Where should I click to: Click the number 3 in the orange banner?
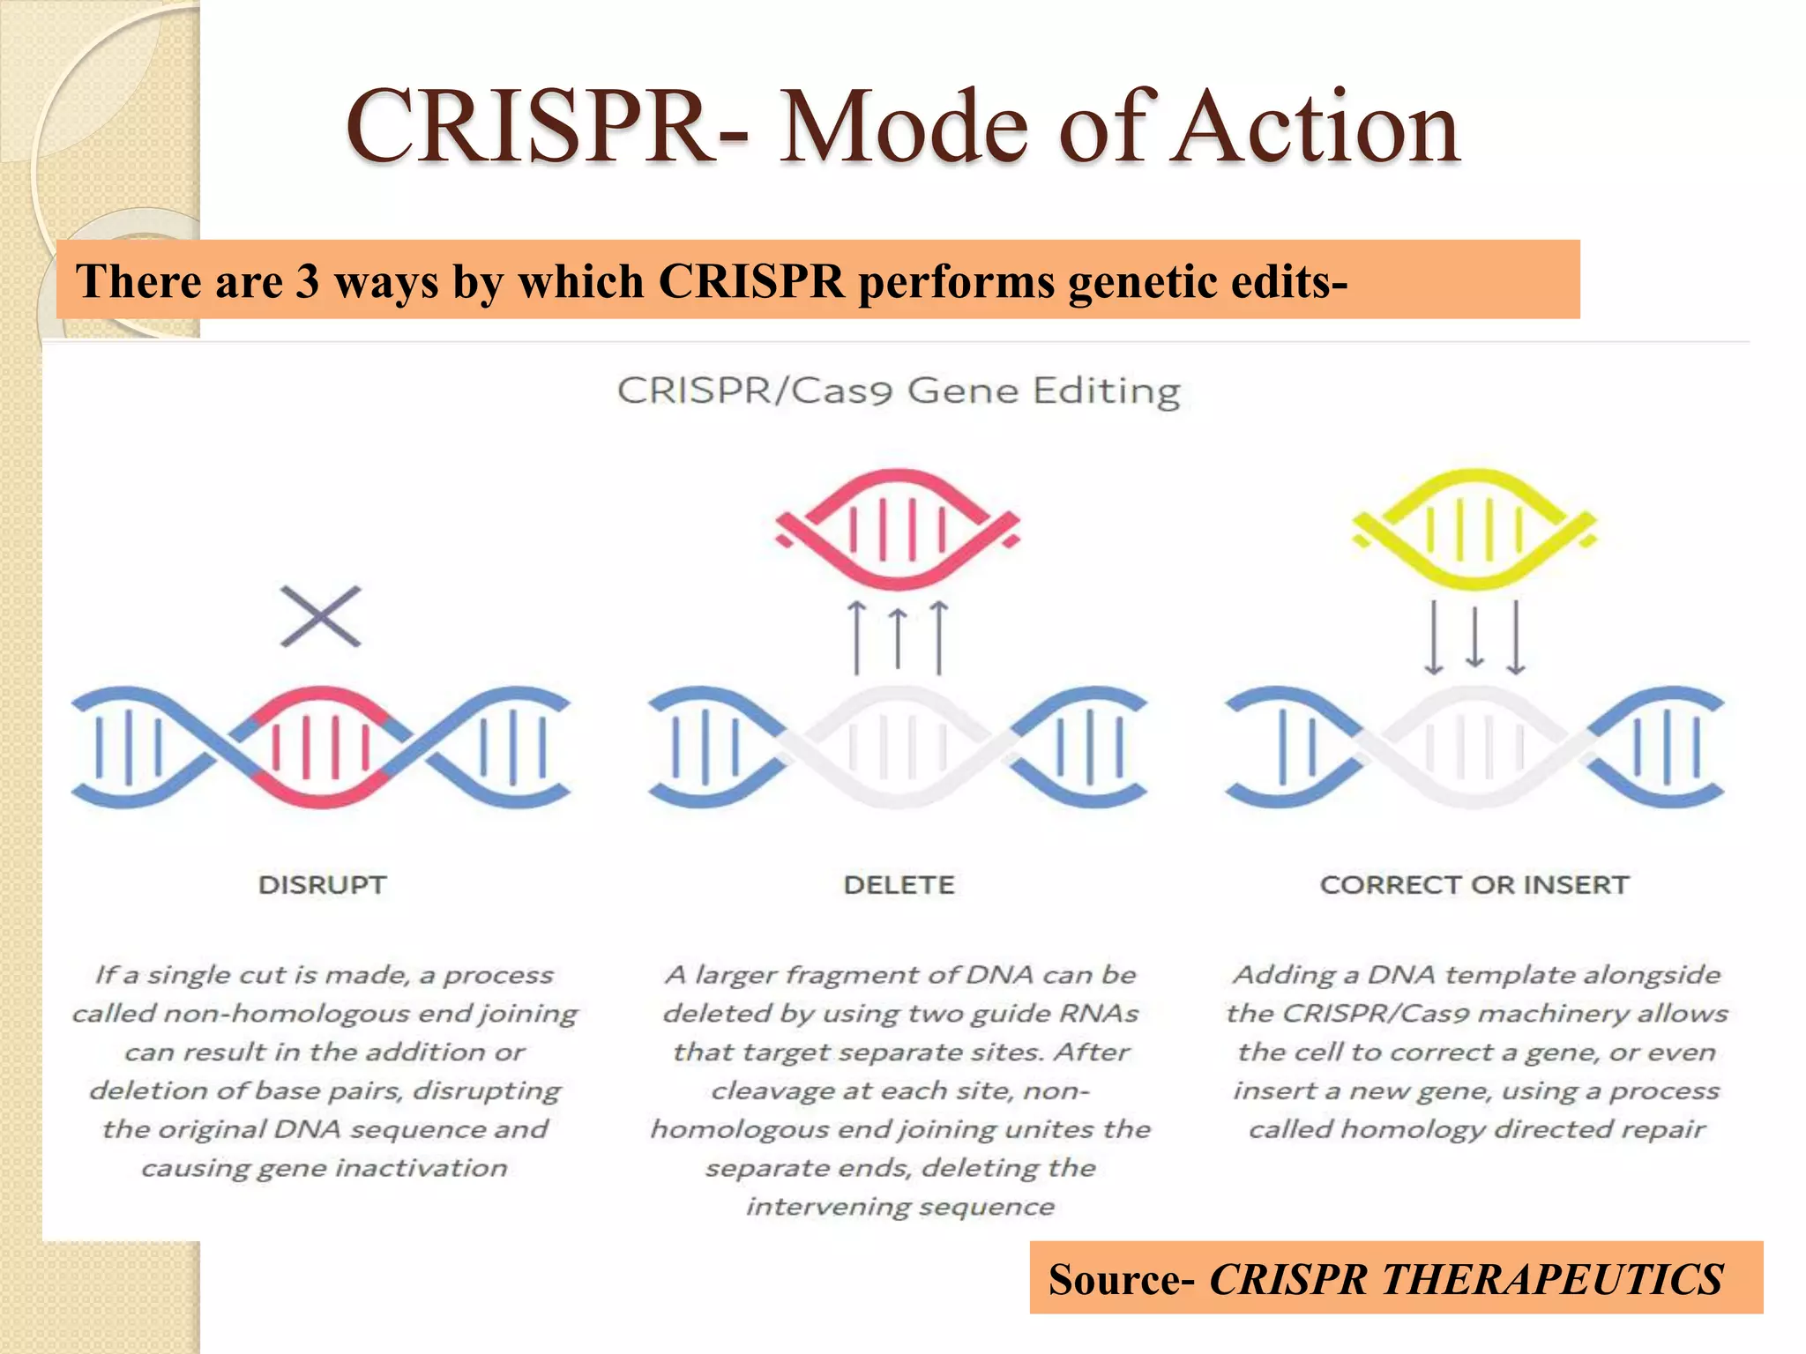307,282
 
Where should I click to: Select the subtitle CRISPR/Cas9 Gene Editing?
898,391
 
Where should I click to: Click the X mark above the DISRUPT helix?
321,616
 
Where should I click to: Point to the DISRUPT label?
322,885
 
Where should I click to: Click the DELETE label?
899,885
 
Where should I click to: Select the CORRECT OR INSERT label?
1474,885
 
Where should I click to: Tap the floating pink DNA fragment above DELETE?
898,529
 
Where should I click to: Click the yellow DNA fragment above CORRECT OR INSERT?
1474,529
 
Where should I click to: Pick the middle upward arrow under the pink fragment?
898,637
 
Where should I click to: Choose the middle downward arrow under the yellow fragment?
1474,637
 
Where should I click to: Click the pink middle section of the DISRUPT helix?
321,748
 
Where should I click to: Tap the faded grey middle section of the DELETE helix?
898,748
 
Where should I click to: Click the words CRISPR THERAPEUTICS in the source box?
1466,1279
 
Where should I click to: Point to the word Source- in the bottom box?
1122,1279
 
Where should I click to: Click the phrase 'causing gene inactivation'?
324,1168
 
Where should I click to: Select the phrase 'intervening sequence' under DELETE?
899,1207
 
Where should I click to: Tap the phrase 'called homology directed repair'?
1476,1129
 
